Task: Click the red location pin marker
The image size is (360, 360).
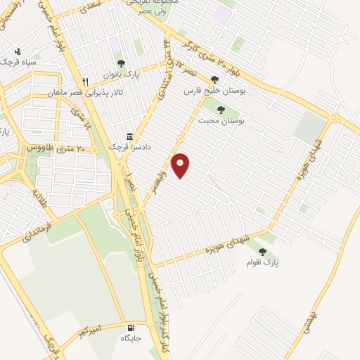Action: (181, 165)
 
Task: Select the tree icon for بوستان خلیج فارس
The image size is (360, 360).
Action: (214, 79)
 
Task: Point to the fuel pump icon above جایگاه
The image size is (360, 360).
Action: (131, 328)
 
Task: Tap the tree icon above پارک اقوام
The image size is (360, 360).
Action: (263, 251)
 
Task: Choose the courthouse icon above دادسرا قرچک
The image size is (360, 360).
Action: (129, 136)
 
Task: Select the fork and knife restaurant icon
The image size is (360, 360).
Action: (86, 82)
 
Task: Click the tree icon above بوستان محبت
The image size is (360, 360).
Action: (221, 110)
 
